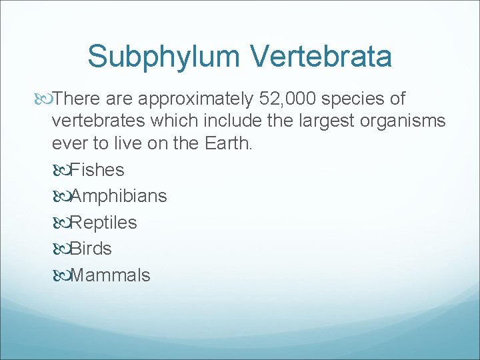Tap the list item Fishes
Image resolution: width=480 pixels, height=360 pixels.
[97, 170]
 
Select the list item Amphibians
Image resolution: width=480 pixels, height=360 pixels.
[119, 196]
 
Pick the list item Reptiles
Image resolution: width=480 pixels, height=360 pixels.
[103, 223]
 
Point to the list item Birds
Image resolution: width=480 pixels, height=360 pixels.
[91, 249]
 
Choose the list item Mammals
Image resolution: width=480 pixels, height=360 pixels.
[110, 275]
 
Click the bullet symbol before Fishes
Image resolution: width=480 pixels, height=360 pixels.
[61, 170]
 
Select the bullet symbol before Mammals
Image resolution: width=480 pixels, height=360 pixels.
[61, 275]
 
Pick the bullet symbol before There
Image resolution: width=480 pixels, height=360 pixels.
[43, 99]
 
